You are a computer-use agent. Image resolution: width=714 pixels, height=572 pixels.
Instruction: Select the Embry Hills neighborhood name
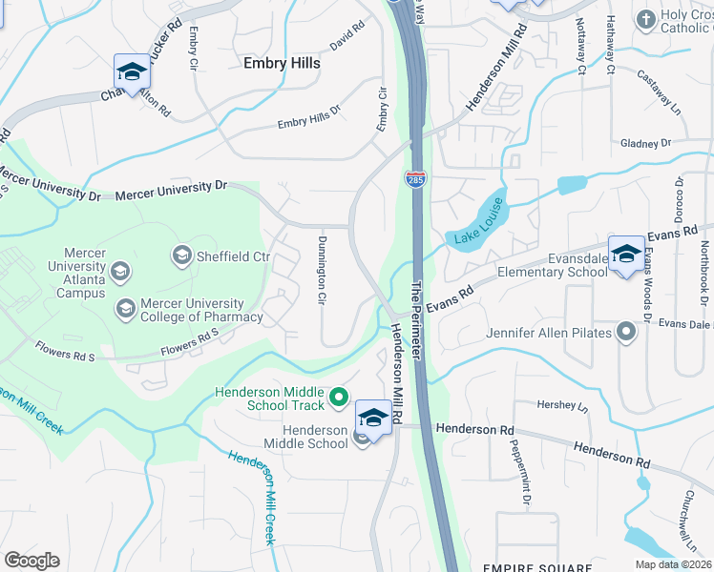click(x=282, y=63)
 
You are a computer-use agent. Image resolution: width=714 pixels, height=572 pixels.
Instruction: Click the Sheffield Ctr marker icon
click(x=181, y=255)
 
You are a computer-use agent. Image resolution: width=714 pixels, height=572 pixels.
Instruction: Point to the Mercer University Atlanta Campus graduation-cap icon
click(x=120, y=273)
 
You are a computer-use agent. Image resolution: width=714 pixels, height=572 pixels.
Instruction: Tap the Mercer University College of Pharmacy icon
click(x=125, y=308)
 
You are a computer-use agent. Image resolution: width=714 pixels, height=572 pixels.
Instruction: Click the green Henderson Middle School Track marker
click(x=338, y=396)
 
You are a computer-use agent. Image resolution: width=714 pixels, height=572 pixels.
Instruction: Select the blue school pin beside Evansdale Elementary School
click(x=626, y=255)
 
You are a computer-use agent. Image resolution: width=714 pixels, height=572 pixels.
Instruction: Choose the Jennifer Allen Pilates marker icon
click(x=626, y=332)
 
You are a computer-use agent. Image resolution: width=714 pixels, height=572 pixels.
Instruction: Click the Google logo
click(x=31, y=561)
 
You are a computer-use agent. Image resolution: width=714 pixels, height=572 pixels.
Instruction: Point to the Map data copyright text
click(x=673, y=564)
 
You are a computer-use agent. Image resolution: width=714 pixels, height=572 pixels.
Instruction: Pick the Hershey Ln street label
click(x=569, y=405)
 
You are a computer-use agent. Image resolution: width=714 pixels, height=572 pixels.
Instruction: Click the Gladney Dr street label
click(x=645, y=143)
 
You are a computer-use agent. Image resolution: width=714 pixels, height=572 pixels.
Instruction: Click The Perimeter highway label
click(x=416, y=319)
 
